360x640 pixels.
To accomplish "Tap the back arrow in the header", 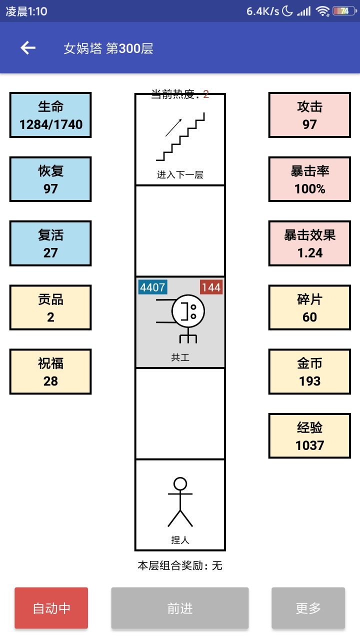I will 28,48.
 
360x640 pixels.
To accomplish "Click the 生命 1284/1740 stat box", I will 50,115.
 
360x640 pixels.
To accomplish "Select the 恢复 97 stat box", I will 50,179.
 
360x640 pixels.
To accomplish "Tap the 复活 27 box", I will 50,243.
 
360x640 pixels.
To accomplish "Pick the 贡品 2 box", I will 50,307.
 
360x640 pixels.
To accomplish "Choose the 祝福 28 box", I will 50,371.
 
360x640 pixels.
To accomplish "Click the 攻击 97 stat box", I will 309,115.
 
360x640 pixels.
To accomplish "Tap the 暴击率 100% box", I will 309,179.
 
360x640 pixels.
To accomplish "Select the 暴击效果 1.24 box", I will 309,243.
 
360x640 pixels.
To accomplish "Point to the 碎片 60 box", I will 309,307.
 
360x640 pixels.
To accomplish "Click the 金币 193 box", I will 309,371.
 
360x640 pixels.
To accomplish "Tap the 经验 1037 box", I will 309,435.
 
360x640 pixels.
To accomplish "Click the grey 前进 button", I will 180,608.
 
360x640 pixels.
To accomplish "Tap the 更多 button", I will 308,608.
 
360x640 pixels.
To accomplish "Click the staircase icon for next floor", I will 180,137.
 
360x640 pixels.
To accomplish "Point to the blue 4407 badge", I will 152,287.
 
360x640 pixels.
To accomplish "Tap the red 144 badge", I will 211,287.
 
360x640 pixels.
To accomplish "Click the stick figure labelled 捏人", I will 180,502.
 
